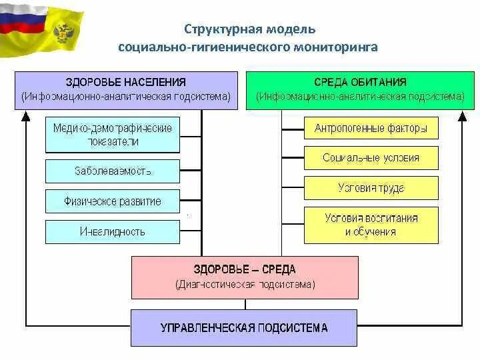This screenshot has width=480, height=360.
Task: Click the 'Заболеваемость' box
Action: (x=112, y=171)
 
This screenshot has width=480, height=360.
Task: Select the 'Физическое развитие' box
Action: (x=112, y=201)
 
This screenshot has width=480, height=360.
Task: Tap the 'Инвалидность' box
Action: (x=112, y=232)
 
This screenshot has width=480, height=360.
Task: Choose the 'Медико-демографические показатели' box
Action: (x=112, y=135)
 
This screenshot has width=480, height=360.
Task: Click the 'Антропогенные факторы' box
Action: (x=371, y=129)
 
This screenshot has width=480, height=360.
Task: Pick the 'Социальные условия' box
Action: (x=371, y=159)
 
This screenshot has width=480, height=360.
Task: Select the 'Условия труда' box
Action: (x=371, y=189)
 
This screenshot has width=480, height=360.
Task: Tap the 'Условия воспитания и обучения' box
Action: (x=371, y=225)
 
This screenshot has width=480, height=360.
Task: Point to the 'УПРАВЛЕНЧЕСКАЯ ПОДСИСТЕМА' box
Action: (x=245, y=328)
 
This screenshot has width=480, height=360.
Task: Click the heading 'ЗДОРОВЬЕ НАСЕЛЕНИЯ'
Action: (x=126, y=82)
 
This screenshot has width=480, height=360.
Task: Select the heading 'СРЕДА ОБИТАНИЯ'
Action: (x=361, y=82)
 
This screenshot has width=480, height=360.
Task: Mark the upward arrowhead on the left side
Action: (x=26, y=116)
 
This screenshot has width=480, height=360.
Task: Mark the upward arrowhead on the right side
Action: (x=463, y=116)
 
